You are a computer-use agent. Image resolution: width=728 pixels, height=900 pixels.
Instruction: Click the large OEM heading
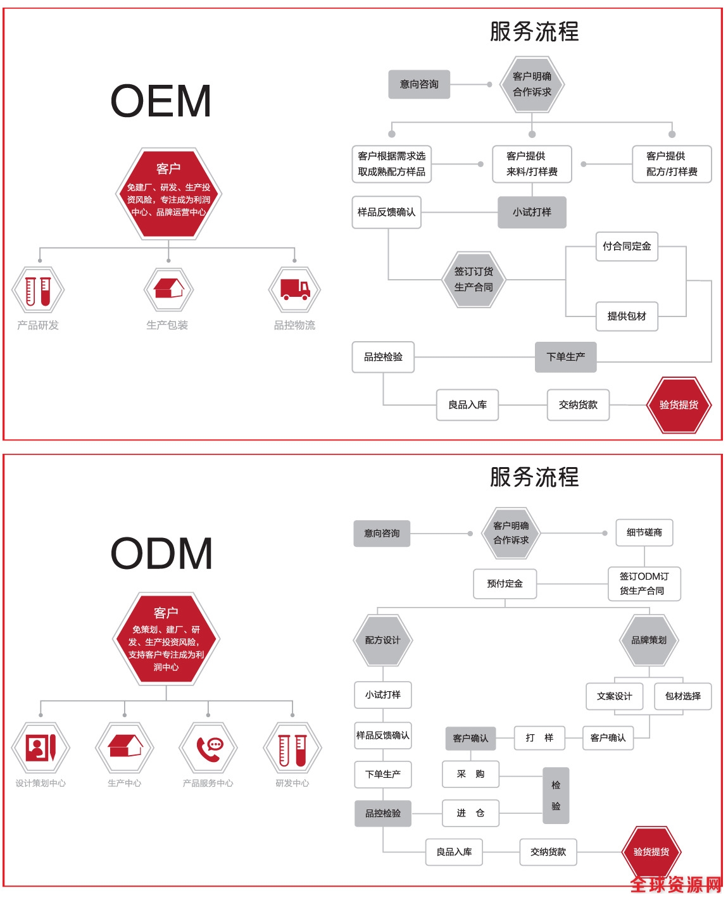click(x=161, y=101)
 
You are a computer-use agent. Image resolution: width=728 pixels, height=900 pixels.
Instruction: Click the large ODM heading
click(x=161, y=553)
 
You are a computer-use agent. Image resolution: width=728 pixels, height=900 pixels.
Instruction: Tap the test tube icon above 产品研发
click(x=38, y=291)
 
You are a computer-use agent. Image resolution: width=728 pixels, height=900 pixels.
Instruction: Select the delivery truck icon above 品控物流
click(x=294, y=290)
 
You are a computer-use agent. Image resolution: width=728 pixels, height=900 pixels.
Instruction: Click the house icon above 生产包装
click(x=168, y=289)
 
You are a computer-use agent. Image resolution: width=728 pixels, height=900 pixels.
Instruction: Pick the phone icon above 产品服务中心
click(x=208, y=747)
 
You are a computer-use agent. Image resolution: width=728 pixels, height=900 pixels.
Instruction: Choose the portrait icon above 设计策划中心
click(x=41, y=748)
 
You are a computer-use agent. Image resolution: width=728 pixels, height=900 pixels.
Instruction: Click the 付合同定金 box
click(x=627, y=246)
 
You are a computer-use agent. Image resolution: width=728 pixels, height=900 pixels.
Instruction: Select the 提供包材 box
click(x=627, y=316)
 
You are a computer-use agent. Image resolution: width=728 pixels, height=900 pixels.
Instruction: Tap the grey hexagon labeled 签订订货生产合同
click(x=474, y=279)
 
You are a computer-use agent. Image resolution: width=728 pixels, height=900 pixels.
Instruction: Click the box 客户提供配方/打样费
click(x=672, y=164)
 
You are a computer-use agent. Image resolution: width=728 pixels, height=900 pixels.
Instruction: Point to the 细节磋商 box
click(x=644, y=533)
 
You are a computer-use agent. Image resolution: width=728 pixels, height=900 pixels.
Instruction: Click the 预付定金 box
click(x=505, y=584)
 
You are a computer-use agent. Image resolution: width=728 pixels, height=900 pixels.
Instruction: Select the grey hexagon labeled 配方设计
click(x=382, y=640)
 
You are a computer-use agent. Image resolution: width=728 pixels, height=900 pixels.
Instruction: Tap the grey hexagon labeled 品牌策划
click(x=649, y=640)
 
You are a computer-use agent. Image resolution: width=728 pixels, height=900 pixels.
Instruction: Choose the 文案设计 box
click(x=614, y=696)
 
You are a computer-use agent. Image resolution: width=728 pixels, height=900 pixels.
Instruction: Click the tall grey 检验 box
click(x=556, y=796)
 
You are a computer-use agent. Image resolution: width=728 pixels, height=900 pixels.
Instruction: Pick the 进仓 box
click(x=470, y=813)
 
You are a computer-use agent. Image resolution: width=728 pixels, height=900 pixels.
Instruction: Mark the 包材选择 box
click(x=683, y=696)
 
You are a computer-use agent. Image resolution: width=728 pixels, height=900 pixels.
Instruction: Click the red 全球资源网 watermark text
click(x=676, y=884)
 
